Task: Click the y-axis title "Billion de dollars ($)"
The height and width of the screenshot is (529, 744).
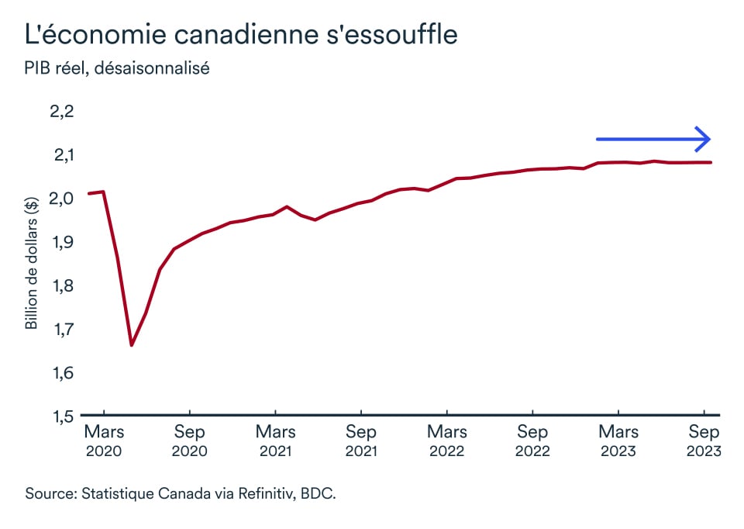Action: pos(32,264)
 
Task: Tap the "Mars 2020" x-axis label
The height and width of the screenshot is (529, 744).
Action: pos(104,441)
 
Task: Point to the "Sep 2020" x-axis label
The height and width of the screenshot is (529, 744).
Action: pos(190,441)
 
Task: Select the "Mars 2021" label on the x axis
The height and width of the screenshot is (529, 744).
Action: pos(275,441)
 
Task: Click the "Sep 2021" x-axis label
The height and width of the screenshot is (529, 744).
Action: pos(361,441)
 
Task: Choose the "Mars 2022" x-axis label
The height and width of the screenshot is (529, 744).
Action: pos(446,441)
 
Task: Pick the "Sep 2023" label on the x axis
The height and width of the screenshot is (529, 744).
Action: pos(704,441)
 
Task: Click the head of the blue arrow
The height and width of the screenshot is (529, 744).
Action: pos(704,139)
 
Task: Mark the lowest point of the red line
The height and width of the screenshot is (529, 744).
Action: pos(131,344)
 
